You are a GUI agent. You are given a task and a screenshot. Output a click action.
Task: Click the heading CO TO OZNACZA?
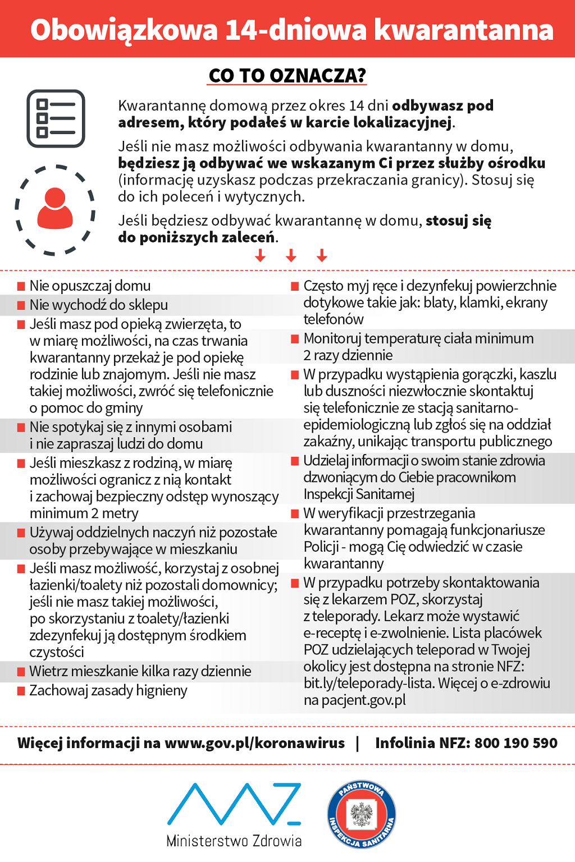tap(287, 75)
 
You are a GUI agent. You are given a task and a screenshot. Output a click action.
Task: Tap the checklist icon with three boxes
tap(56, 118)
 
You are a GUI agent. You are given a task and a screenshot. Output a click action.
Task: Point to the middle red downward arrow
tap(291, 256)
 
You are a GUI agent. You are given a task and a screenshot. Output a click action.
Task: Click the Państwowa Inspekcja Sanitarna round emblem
tap(362, 814)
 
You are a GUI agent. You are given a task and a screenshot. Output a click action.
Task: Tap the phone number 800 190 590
tap(516, 743)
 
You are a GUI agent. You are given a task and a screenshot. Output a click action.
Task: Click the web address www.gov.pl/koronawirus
tap(254, 743)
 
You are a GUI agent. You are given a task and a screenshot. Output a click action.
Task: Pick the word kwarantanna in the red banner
tap(464, 30)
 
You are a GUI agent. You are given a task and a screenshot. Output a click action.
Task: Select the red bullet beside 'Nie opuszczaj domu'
tap(21, 286)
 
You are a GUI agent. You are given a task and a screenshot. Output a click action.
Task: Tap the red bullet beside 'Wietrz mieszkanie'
tap(21, 672)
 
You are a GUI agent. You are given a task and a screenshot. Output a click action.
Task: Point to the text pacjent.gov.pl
tap(363, 700)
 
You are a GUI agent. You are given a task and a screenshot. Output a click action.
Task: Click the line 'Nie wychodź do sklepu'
tap(99, 305)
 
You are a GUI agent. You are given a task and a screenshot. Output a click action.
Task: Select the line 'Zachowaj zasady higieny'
tap(108, 690)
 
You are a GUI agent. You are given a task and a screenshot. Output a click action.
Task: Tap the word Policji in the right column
tap(321, 547)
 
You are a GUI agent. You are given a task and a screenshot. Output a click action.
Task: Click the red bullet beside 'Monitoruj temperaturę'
tap(295, 339)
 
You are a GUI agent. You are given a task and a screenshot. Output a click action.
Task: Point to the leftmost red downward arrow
tap(260, 256)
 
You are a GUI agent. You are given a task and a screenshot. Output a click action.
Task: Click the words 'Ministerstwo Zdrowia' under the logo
tap(234, 841)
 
